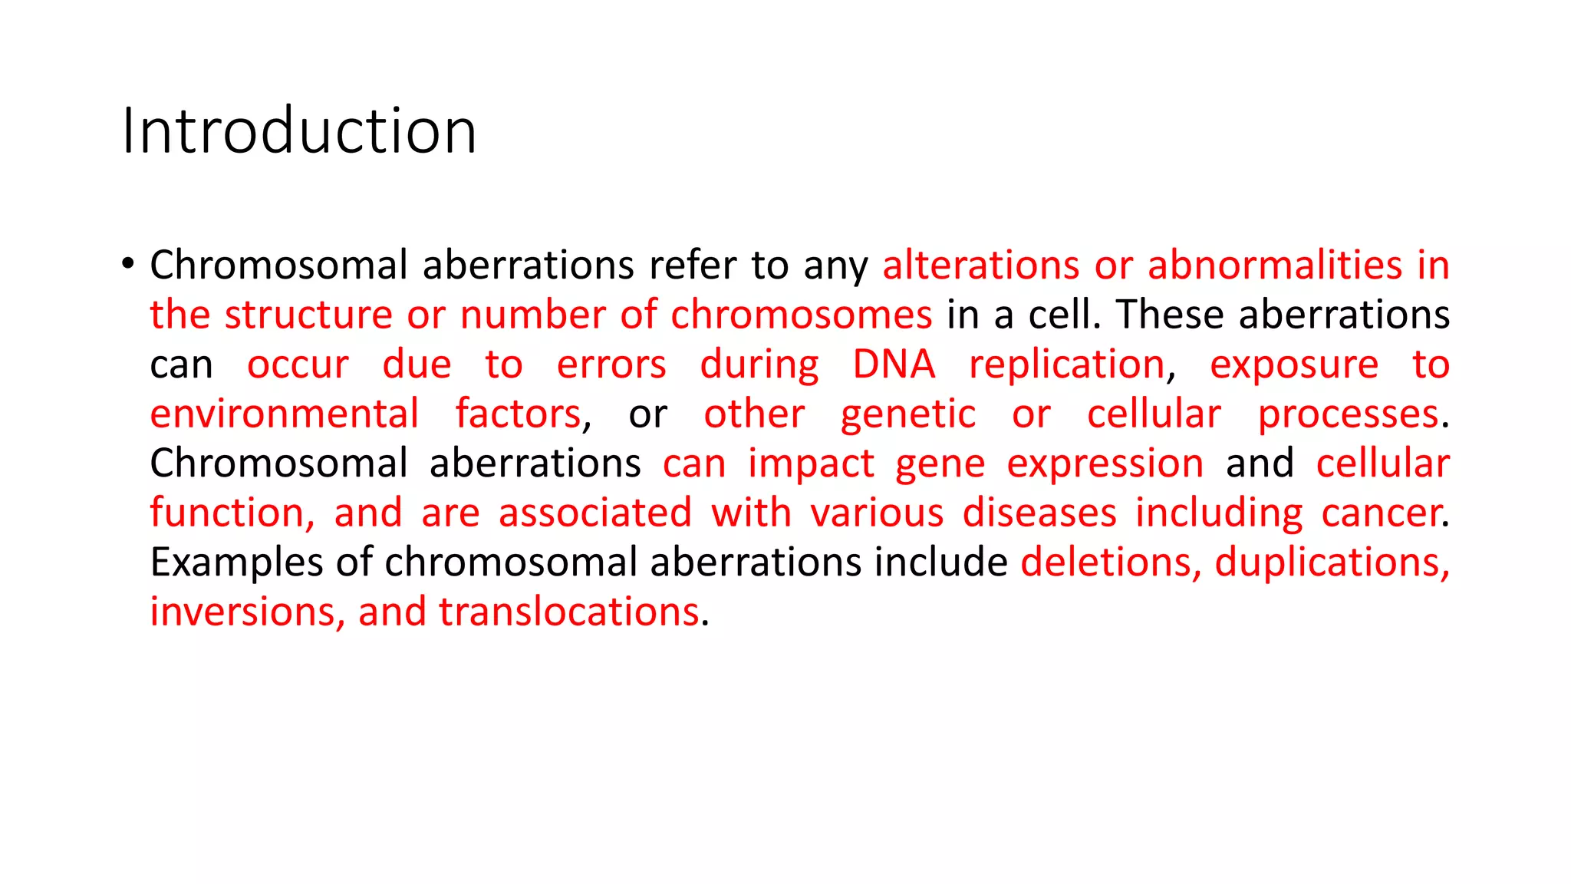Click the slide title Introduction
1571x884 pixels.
[299, 131]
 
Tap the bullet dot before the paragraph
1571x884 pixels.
[128, 264]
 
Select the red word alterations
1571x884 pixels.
[981, 266]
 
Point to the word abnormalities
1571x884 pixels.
[1275, 266]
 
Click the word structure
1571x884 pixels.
[308, 315]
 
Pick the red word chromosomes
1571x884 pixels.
[801, 315]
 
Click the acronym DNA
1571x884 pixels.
[894, 364]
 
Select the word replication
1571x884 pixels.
[1067, 366]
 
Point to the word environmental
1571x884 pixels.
[285, 414]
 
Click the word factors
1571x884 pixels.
[519, 414]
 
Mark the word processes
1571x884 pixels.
[1348, 416]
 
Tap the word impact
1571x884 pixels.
[811, 465]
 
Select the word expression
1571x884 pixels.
[1105, 465]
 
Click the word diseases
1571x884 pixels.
[1039, 513]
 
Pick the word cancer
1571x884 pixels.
[1380, 513]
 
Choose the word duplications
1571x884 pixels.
[1332, 563]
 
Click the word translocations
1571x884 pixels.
[568, 612]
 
